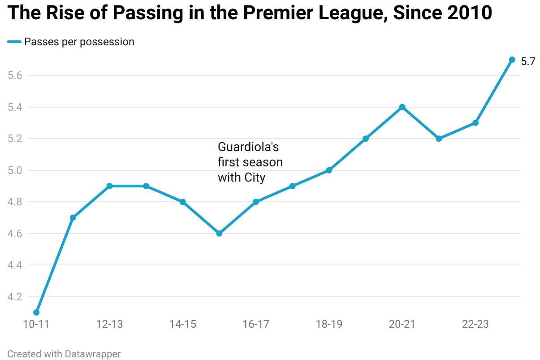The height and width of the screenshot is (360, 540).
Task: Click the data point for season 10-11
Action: (x=36, y=312)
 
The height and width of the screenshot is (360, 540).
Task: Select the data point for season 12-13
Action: (x=109, y=186)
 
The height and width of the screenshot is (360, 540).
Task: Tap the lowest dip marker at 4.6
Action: (x=219, y=234)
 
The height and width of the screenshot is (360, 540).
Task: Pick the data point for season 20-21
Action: (x=402, y=107)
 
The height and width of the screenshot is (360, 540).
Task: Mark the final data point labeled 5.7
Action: (x=512, y=60)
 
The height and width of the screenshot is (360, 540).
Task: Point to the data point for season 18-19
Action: (x=329, y=170)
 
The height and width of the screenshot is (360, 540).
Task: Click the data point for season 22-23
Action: (x=475, y=123)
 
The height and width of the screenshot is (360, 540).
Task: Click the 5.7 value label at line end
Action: (x=528, y=62)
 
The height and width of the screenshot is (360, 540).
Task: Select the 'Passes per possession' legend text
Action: (x=79, y=42)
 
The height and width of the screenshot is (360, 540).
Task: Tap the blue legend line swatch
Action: (x=14, y=42)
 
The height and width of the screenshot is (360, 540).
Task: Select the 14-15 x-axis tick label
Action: (x=183, y=324)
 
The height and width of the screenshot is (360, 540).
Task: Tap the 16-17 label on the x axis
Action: (x=256, y=324)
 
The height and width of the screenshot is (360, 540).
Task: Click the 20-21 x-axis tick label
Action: (x=402, y=324)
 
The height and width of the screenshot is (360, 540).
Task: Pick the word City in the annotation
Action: (x=255, y=178)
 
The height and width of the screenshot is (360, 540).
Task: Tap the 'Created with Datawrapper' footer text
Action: (x=64, y=354)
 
